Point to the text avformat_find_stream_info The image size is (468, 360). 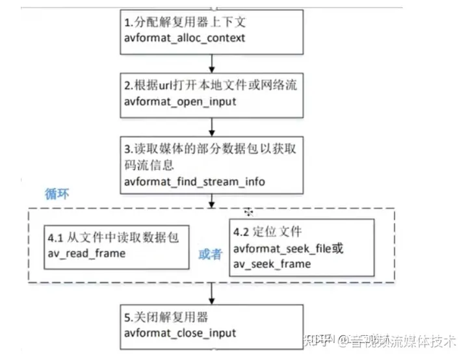[x=194, y=181]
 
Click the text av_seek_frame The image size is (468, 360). [x=272, y=263]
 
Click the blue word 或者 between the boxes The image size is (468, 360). [x=210, y=253]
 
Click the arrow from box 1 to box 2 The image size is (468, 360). [x=212, y=62]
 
